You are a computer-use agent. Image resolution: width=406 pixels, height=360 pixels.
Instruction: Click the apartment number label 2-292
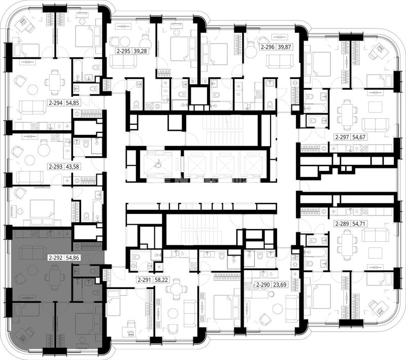pos(56,258)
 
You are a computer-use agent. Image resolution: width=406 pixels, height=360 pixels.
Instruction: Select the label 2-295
pos(123,51)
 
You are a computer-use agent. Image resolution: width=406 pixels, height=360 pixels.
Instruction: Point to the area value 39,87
pos(284,47)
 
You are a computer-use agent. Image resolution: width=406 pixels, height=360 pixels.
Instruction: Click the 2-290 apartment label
pos(263,285)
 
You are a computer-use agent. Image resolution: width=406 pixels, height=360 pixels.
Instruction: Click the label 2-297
pos(342,137)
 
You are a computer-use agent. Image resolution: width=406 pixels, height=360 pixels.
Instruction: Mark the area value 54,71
pos(359,224)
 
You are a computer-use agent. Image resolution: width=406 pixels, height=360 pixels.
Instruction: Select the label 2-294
pos(56,103)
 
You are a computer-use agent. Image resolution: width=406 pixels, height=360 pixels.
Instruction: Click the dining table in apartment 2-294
pos(54,82)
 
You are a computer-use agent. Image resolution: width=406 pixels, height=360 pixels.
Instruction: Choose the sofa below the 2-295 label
pos(123,61)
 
